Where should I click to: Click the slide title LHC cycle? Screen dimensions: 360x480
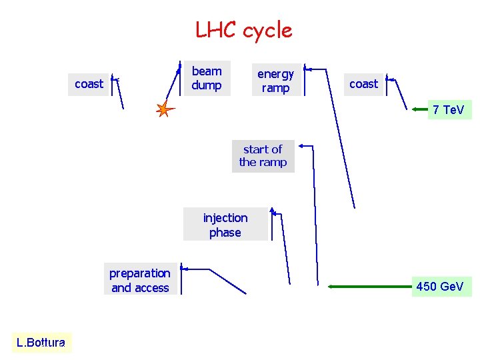243,30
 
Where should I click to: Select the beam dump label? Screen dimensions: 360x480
207,78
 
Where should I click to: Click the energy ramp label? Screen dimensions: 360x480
275,81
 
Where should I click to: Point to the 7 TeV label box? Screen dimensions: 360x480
449,109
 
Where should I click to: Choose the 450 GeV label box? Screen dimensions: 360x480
440,287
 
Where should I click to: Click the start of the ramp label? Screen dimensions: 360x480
263,156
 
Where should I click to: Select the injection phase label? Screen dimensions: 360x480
225,225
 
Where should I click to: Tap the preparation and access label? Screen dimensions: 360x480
140,280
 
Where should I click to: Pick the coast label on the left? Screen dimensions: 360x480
89,84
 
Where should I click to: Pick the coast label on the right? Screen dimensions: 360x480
363,84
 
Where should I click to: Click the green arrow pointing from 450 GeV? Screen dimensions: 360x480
370,287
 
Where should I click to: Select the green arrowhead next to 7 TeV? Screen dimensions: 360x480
422,109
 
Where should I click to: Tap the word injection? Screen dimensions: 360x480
225,218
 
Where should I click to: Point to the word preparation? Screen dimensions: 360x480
140,273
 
